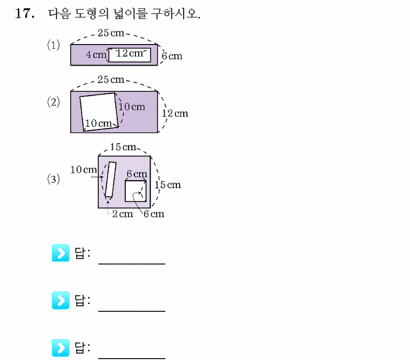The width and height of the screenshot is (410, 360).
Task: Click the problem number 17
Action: click(25, 13)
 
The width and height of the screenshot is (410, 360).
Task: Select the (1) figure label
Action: click(53, 45)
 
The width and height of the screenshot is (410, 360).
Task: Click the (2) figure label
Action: click(53, 102)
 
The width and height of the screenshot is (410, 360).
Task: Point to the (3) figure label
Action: click(53, 179)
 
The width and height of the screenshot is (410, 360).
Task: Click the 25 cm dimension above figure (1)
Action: click(111, 33)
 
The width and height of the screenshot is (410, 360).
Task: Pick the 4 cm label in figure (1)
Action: click(96, 54)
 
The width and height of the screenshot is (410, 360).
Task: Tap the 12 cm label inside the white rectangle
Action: click(129, 53)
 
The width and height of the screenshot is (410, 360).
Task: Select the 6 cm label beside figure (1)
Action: click(172, 56)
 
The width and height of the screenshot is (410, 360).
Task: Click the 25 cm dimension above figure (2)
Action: click(111, 79)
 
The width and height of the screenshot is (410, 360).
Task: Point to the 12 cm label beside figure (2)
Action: click(175, 113)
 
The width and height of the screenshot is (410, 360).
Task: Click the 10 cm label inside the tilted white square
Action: click(98, 123)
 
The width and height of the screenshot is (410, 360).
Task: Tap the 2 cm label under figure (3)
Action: click(122, 214)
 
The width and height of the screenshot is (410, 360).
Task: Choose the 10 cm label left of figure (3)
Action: click(83, 169)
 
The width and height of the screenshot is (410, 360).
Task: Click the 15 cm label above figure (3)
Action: click(123, 147)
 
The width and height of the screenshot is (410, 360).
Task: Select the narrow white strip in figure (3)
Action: click(110, 180)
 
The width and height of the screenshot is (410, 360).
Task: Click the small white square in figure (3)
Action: click(135, 191)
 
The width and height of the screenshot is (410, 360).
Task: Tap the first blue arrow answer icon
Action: click(60, 253)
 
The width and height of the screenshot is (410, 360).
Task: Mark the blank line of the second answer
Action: click(132, 311)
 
